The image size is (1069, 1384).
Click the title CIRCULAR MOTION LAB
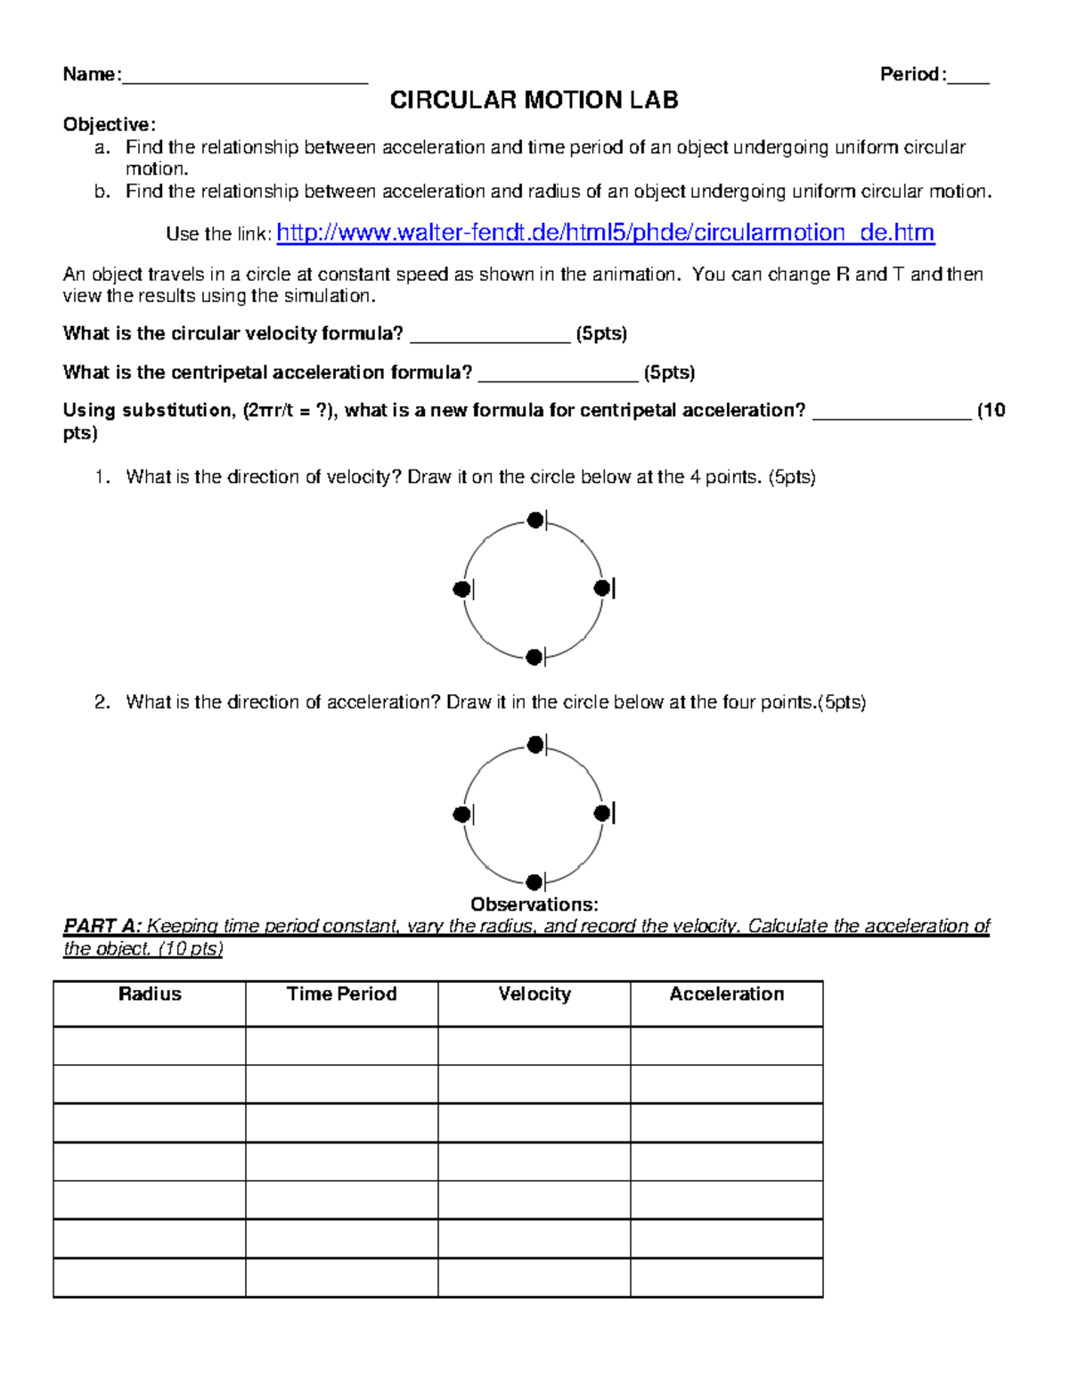(x=534, y=100)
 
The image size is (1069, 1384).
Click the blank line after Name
(x=244, y=77)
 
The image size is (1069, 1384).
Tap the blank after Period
(x=967, y=77)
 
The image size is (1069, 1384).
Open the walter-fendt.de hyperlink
(x=605, y=233)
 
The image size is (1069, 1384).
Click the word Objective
(x=108, y=124)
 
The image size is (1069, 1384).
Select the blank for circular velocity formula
(x=489, y=335)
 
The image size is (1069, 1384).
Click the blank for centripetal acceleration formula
(x=558, y=373)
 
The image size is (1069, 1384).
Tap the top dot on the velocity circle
(x=534, y=520)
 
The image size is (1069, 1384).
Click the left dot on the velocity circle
(x=461, y=589)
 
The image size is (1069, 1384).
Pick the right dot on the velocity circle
(x=602, y=588)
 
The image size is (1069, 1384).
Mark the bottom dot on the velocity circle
(x=534, y=658)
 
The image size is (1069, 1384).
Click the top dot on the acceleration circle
(x=534, y=744)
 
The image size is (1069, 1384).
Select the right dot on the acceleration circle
(x=602, y=813)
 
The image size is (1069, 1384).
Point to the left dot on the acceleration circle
(x=461, y=814)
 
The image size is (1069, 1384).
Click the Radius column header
(x=150, y=994)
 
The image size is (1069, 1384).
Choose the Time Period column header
(x=341, y=994)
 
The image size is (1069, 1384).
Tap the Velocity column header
(x=534, y=994)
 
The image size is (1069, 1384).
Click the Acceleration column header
(x=726, y=994)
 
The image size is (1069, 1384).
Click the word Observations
(x=534, y=905)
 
